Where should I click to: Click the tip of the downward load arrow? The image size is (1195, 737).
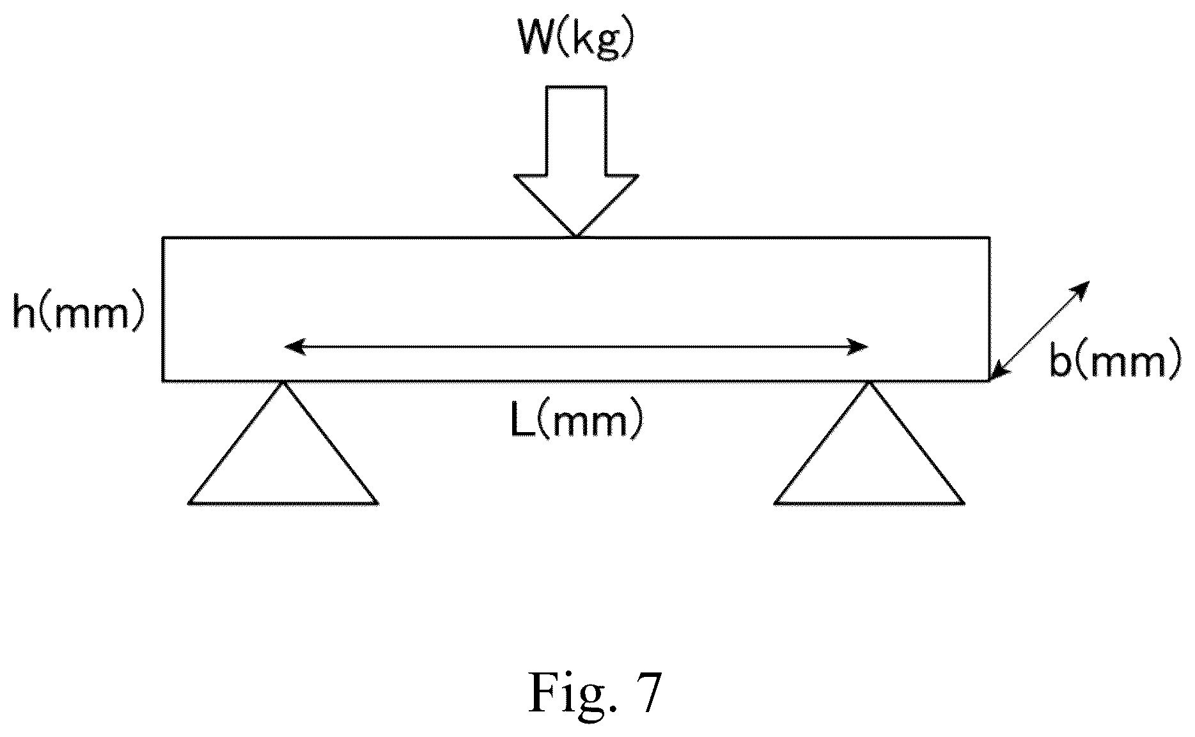(x=576, y=236)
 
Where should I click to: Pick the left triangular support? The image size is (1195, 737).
(x=283, y=443)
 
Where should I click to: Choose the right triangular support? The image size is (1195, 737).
(x=869, y=443)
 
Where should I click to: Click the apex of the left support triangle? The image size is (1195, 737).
(x=283, y=382)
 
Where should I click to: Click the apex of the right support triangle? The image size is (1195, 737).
(x=869, y=382)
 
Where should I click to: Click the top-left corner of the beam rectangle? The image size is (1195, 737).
(x=163, y=238)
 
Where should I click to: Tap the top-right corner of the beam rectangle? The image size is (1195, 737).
(x=990, y=238)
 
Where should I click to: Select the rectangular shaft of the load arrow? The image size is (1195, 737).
(x=576, y=130)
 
